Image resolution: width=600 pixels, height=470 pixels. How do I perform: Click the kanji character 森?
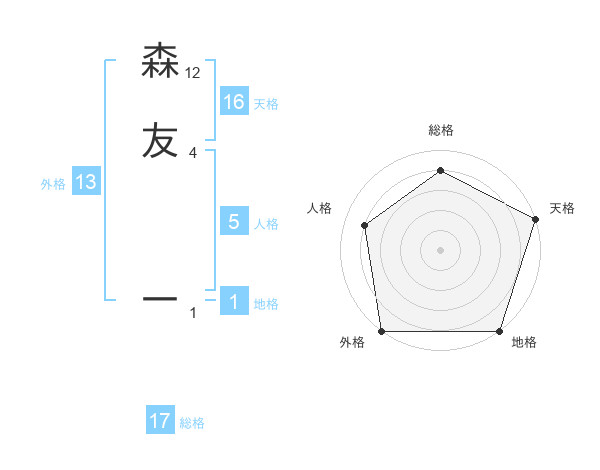(160, 61)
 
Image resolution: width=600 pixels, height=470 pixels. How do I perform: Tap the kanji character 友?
(160, 141)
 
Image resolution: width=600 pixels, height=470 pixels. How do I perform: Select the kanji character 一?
(160, 298)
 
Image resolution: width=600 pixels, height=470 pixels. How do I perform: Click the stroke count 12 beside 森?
(193, 72)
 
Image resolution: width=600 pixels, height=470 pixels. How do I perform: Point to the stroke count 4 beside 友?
(193, 152)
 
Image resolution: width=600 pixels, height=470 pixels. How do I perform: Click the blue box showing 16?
(234, 102)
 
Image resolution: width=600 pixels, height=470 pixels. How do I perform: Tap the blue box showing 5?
(234, 222)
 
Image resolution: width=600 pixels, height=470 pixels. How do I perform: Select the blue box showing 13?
(86, 182)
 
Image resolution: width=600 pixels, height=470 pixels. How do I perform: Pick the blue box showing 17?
(160, 421)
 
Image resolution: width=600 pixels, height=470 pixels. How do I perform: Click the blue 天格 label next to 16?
(266, 104)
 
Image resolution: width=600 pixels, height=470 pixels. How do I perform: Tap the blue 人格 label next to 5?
(266, 224)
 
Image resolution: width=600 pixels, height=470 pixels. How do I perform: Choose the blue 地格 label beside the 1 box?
(266, 304)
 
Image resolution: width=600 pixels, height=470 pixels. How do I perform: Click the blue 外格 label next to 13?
(53, 184)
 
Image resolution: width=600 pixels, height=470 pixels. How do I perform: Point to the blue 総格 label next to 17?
(192, 423)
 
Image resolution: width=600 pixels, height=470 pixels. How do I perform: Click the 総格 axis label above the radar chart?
(440, 130)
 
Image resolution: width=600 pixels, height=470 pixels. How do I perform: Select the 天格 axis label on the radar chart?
(563, 208)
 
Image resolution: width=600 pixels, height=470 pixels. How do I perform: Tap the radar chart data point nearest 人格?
(365, 225)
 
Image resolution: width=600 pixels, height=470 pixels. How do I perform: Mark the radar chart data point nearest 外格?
(382, 331)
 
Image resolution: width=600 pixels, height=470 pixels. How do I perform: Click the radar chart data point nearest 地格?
(499, 331)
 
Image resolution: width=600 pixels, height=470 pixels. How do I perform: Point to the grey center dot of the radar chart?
(440, 249)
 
